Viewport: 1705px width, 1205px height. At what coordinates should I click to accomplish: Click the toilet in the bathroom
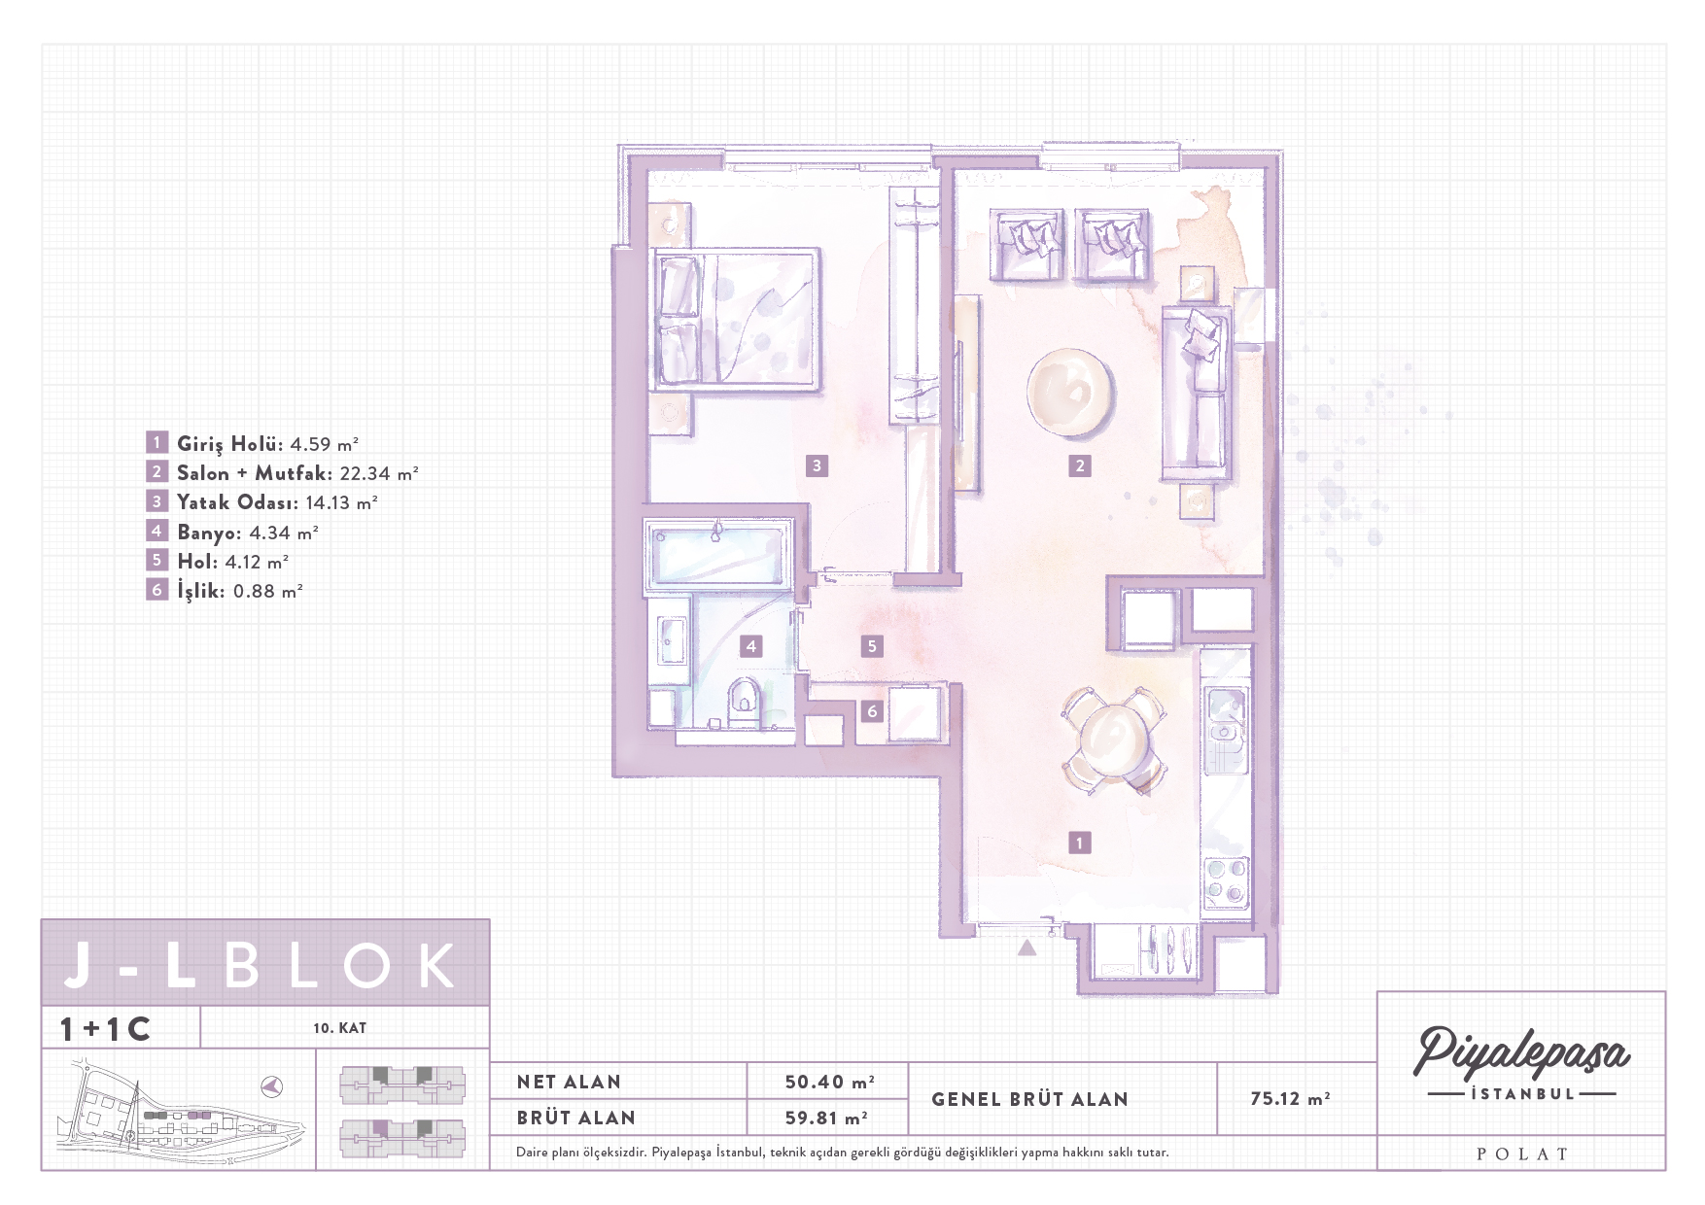pos(745,702)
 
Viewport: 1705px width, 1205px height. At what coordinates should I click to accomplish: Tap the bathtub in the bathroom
pos(717,555)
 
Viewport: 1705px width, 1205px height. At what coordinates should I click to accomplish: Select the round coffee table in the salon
pos(1070,392)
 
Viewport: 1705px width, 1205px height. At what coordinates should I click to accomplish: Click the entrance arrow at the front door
pos(1026,947)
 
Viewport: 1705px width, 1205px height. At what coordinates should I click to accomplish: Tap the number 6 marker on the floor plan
pos(872,711)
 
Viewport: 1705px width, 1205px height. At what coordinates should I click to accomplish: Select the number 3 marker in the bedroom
pos(817,465)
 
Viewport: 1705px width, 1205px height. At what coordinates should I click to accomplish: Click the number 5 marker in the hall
pos(872,645)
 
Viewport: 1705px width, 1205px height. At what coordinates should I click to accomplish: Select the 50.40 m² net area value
pos(829,1082)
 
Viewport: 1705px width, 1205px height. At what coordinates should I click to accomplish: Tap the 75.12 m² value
pos(1290,1099)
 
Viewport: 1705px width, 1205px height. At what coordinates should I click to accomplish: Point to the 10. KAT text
pos(339,1028)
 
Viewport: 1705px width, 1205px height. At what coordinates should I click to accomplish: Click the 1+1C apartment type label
pos(105,1029)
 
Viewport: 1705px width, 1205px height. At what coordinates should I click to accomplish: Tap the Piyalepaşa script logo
pos(1521,1052)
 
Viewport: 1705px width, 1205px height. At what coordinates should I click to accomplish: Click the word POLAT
pos(1522,1154)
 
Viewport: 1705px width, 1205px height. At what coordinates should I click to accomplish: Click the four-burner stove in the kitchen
pos(1226,881)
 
